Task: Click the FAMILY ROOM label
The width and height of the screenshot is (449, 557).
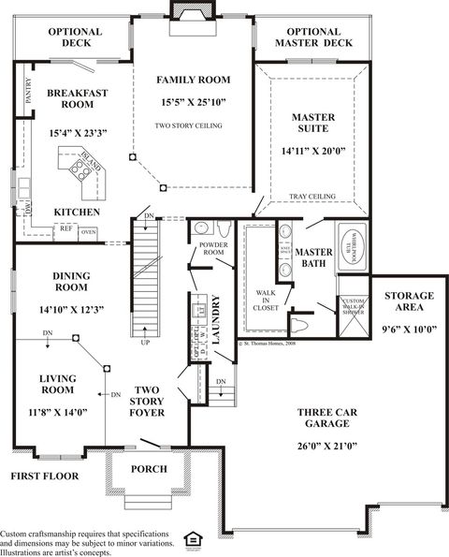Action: tap(193, 81)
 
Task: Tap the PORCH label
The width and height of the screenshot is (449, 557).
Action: tap(149, 469)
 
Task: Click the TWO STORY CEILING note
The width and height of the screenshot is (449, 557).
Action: tap(193, 125)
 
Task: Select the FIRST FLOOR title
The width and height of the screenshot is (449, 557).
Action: tap(45, 476)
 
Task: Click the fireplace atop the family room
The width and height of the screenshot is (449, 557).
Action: tap(193, 9)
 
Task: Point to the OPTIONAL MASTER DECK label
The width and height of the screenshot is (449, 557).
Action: tap(314, 37)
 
